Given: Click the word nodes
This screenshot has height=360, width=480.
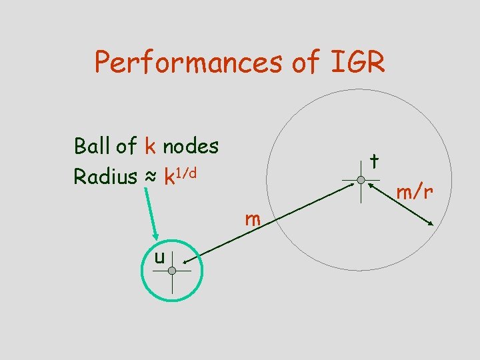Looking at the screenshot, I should point(191,145).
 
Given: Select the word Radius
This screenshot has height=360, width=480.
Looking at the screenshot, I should point(103,177).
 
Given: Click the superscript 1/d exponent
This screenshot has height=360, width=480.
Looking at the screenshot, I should point(188,173).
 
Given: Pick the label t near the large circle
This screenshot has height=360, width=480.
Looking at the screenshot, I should point(375,161).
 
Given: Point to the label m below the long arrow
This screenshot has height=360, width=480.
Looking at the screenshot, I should point(252,219).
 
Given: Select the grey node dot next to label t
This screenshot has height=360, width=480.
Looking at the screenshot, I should point(360,180).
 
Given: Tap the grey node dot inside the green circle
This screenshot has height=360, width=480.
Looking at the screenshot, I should point(172,271).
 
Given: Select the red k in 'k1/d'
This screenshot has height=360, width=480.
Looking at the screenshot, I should point(170,177).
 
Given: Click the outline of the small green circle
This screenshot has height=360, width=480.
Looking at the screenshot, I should point(142,271).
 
